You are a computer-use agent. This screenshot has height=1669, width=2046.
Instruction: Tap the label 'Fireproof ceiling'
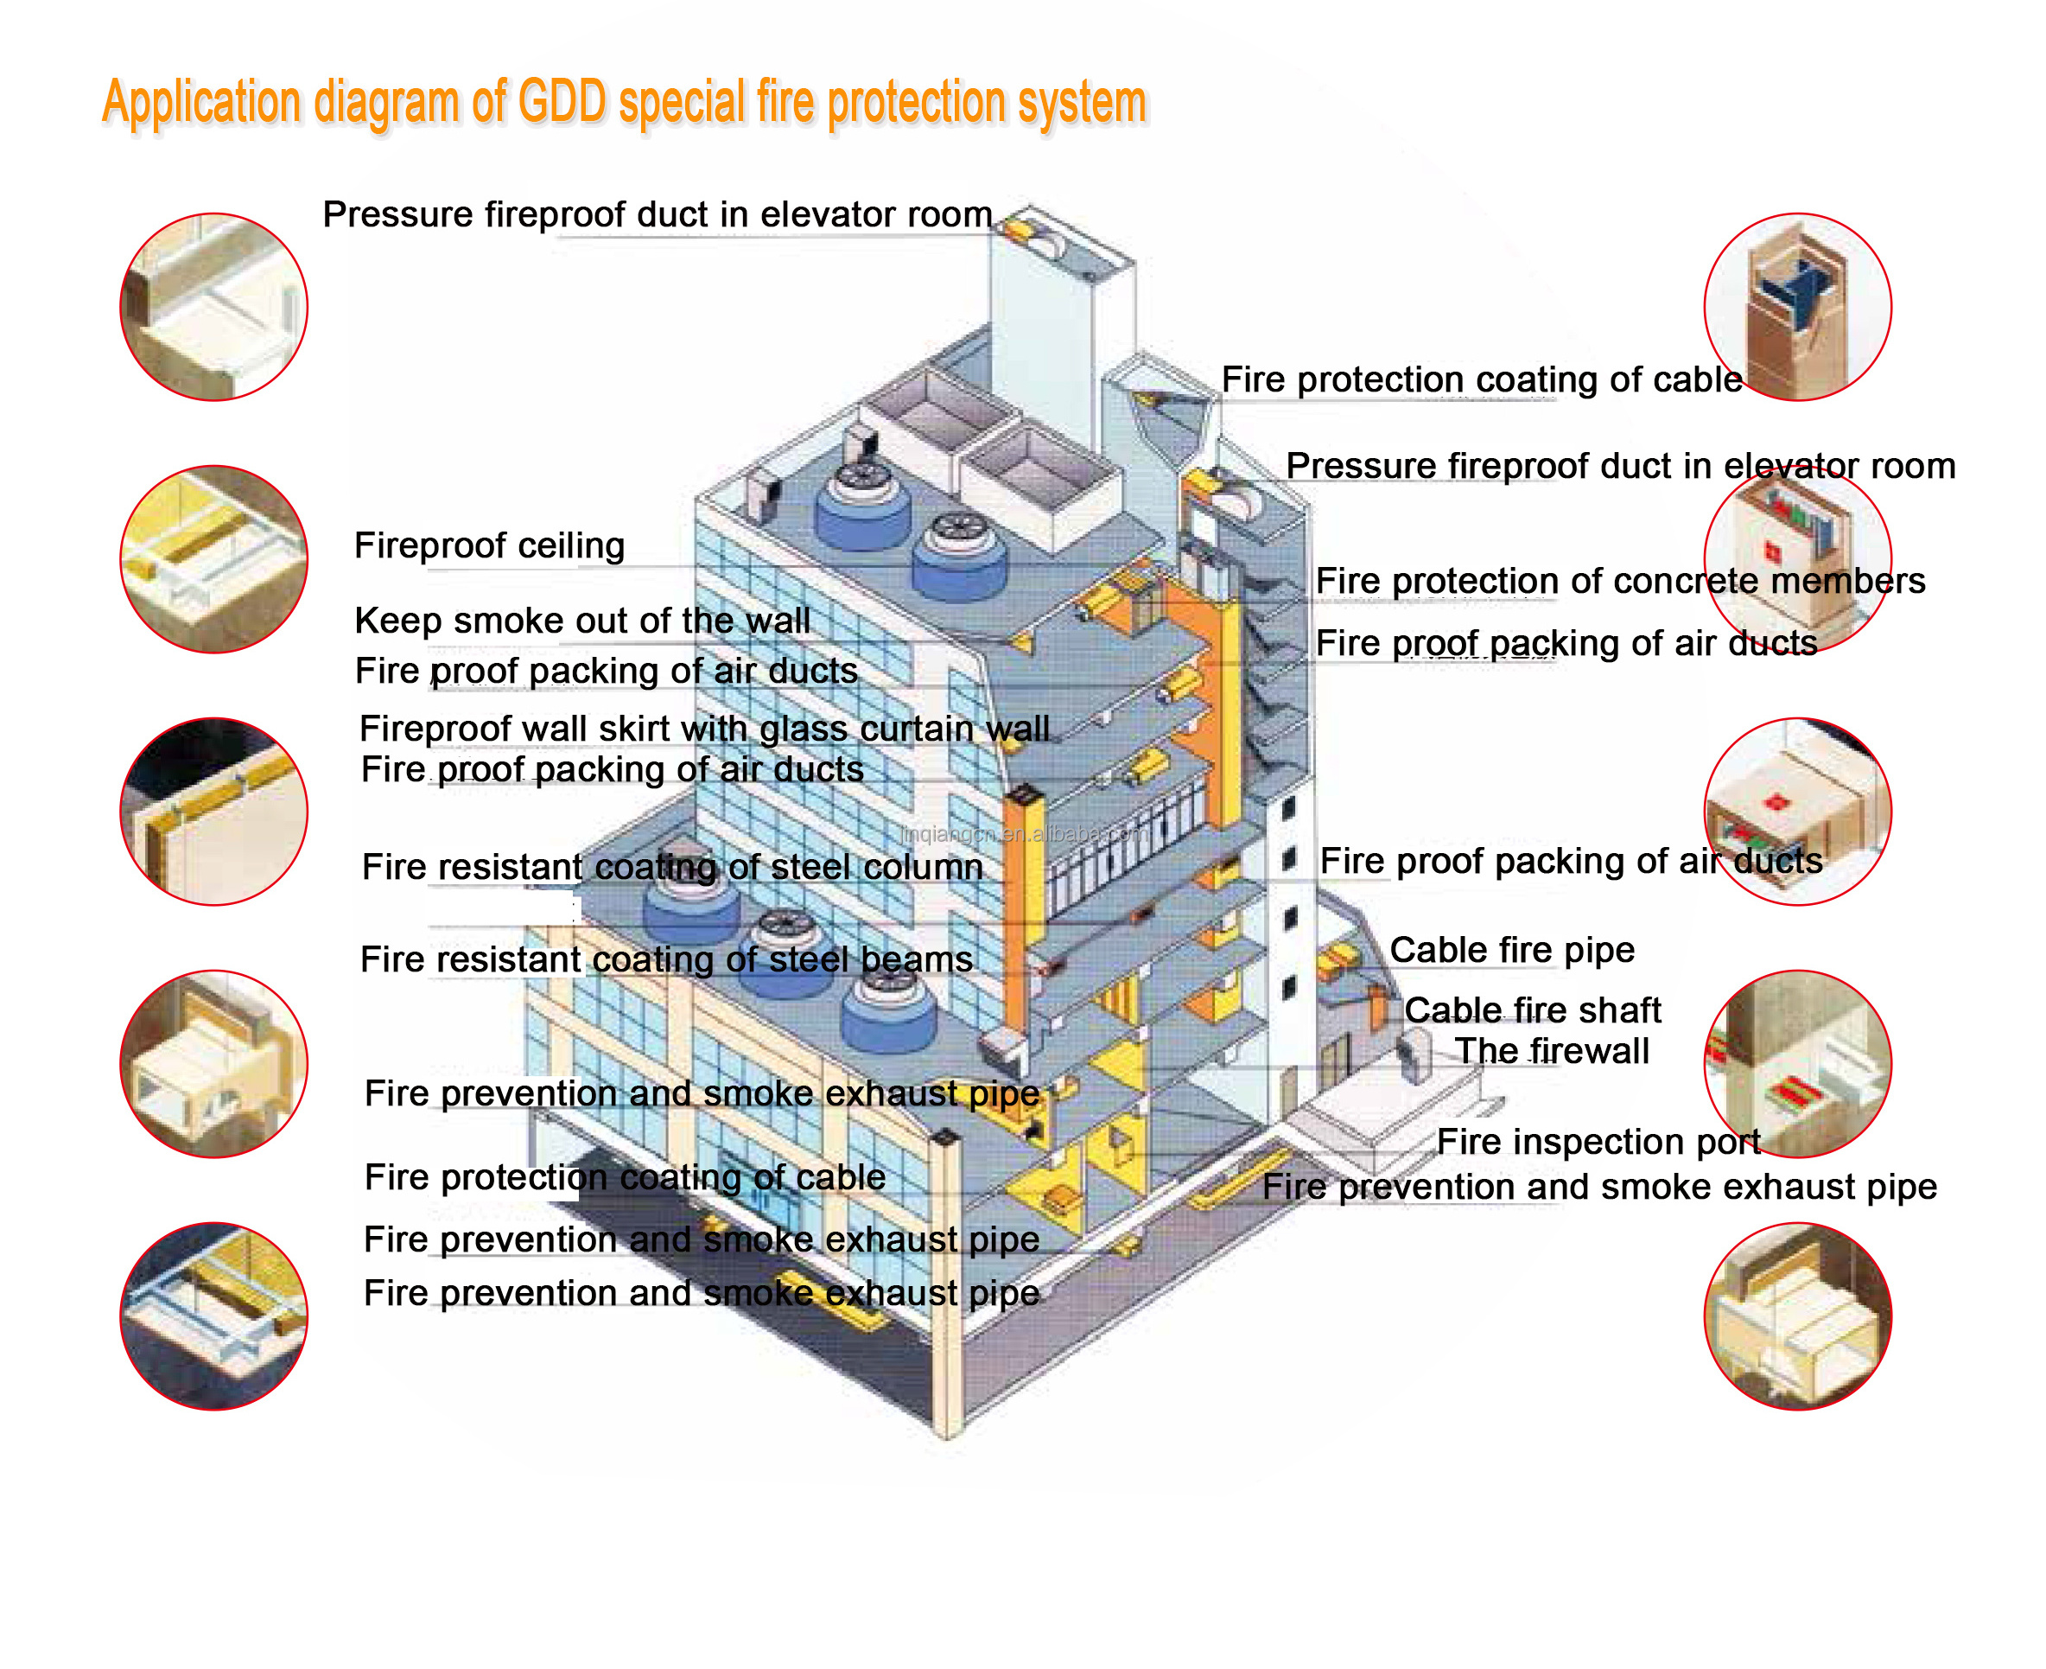489,545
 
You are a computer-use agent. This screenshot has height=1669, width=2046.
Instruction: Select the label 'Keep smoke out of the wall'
581,620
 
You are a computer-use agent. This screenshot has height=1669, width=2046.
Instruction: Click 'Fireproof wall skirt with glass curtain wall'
703,728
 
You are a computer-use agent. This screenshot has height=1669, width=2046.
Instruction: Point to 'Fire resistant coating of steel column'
671,866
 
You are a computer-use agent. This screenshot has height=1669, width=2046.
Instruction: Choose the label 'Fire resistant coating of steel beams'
666,959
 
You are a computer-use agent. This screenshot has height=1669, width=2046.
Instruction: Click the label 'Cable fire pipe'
1510,950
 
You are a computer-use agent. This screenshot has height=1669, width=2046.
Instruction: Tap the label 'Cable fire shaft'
1531,1010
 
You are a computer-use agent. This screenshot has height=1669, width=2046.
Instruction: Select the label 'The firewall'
1550,1051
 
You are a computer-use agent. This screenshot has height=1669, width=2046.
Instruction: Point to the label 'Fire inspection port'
1598,1141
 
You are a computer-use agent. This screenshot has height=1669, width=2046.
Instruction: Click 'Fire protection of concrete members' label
1619,581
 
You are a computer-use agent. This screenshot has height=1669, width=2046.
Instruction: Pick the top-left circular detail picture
213,307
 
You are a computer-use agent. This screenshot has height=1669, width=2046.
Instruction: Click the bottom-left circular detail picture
213,1315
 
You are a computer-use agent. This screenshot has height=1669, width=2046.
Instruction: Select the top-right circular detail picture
1796,307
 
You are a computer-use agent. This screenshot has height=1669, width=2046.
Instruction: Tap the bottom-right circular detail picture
1796,1315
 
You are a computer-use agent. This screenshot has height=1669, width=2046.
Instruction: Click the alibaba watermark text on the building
1024,833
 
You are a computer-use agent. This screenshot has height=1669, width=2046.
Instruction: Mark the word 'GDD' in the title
562,101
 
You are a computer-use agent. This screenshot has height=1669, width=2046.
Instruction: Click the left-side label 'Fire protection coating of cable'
625,1176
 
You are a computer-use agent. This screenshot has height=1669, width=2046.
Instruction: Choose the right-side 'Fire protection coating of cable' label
1481,379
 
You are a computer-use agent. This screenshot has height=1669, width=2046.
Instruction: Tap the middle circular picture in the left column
213,812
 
